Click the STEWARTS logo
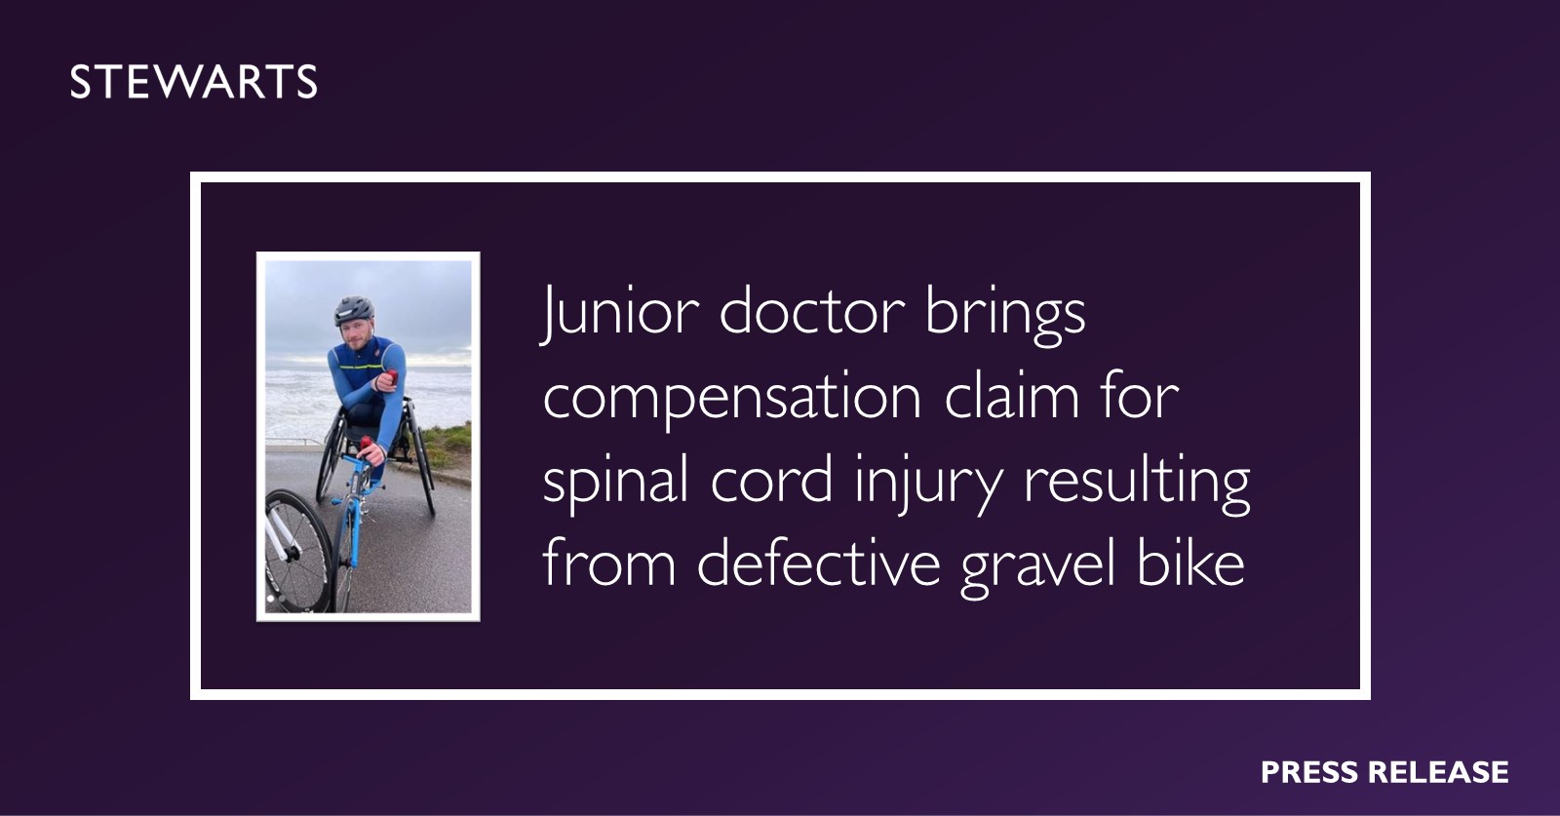tap(193, 82)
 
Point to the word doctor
tap(812, 312)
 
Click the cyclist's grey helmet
tap(354, 308)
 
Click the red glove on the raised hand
tap(391, 378)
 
